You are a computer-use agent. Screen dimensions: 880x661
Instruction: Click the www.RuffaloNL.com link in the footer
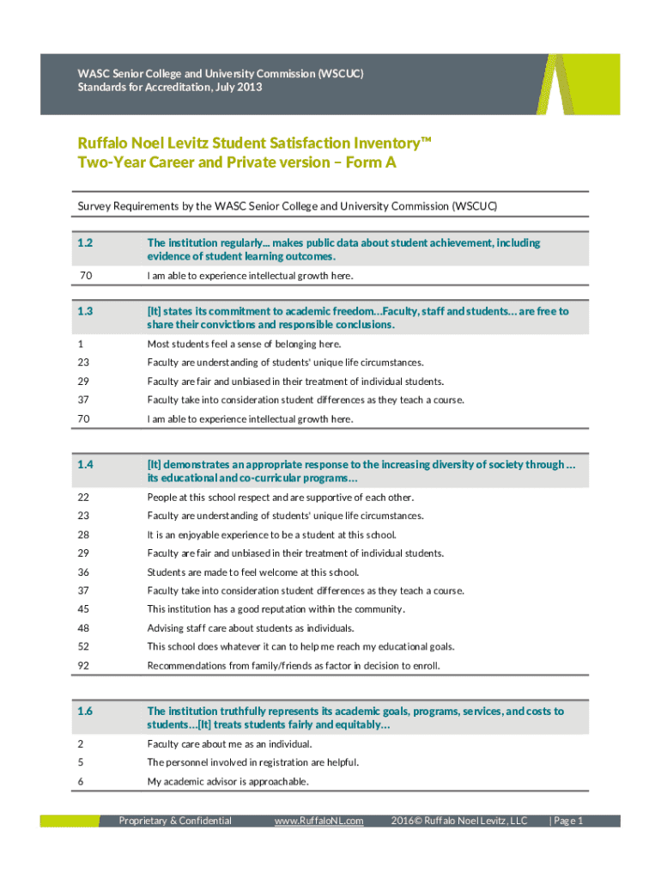(318, 821)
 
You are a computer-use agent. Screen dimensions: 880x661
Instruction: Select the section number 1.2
(85, 243)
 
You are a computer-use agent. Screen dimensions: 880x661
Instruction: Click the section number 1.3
(85, 311)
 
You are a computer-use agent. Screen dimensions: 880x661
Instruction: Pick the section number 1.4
(85, 465)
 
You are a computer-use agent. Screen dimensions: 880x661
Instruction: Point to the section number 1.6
(85, 711)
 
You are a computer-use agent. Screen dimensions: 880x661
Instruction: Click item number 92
(83, 665)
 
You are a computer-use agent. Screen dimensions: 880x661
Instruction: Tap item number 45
(83, 609)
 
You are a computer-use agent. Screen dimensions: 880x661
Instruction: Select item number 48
(83, 628)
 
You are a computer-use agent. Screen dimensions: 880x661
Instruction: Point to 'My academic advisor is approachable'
(227, 781)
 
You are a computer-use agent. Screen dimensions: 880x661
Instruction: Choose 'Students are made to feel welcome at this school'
(253, 572)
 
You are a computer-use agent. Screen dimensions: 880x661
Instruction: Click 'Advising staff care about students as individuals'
(251, 628)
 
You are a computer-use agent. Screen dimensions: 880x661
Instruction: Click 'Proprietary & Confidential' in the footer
(175, 821)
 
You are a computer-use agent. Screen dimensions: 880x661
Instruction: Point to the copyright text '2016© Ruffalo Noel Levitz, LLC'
(458, 821)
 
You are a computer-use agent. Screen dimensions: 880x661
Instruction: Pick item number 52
(83, 646)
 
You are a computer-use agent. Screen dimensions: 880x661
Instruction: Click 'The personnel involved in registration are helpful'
(253, 762)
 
